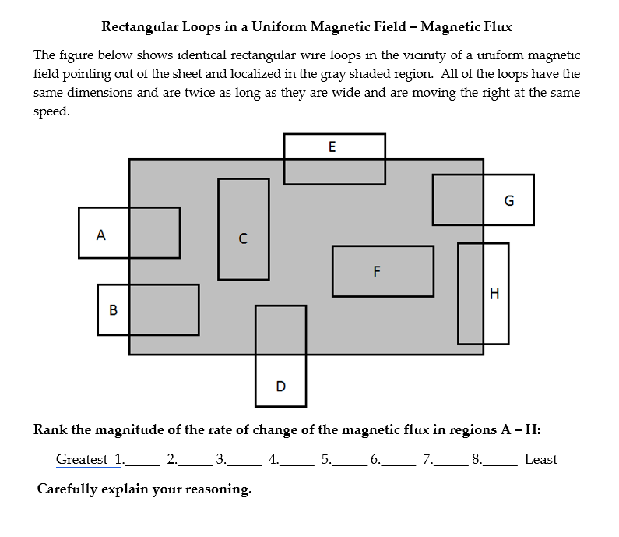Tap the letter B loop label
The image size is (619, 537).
coord(113,310)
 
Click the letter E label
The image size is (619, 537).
coord(332,147)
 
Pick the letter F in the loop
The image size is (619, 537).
coord(377,271)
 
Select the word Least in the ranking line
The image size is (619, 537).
coord(541,459)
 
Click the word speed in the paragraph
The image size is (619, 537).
coord(51,111)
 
